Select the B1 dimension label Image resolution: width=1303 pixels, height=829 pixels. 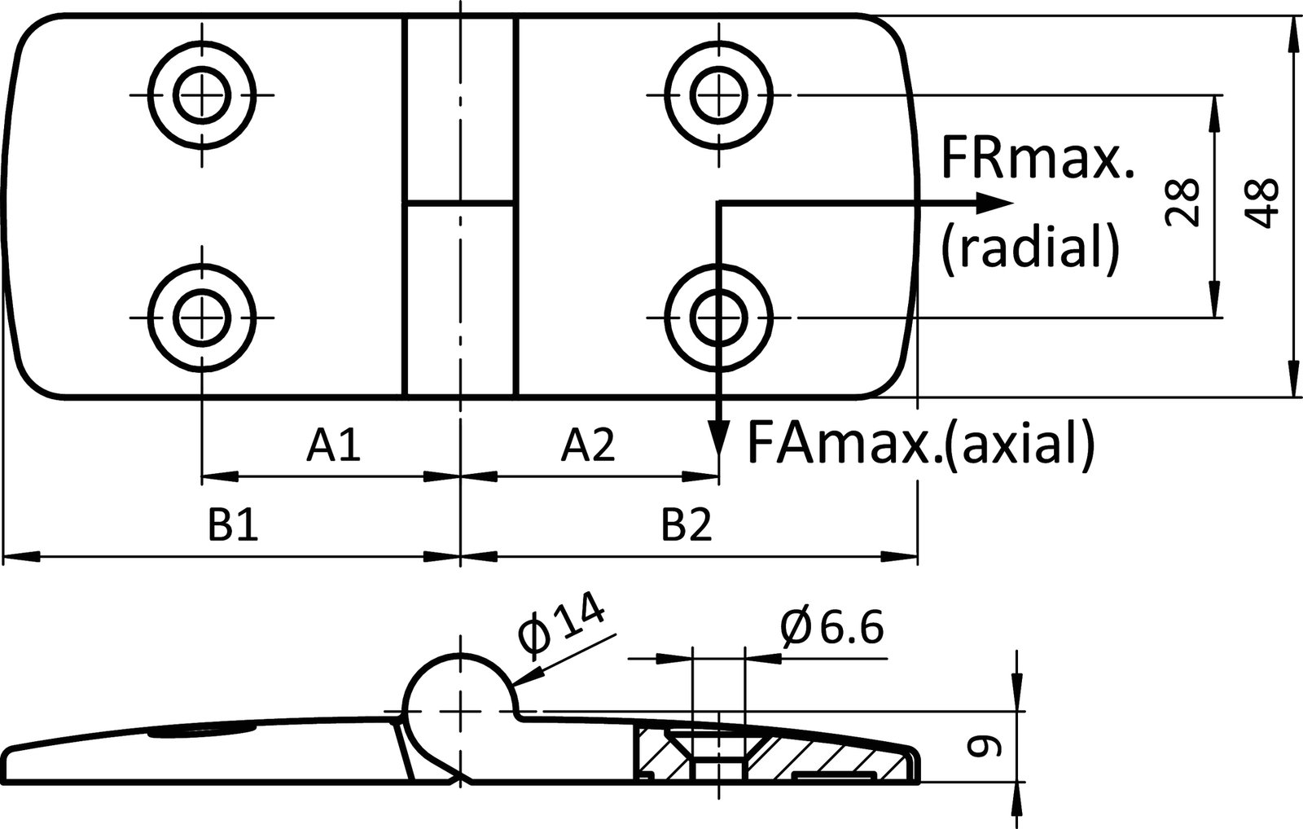tap(232, 526)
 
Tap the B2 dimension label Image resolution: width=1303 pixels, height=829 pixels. tap(687, 526)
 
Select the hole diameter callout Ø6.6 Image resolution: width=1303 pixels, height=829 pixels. tap(831, 628)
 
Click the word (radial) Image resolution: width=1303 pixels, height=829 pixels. tap(1030, 247)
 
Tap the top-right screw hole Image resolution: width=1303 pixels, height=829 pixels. tap(718, 95)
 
